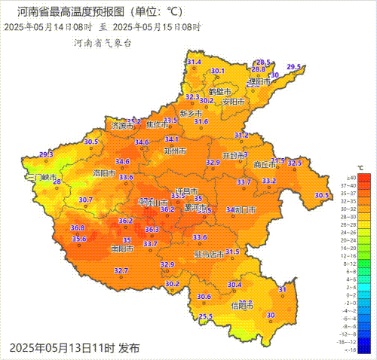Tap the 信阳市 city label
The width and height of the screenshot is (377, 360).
pyautogui.click(x=242, y=305)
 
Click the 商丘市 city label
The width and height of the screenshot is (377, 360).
pyautogui.click(x=265, y=165)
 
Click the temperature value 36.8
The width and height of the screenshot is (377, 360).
pyautogui.click(x=77, y=227)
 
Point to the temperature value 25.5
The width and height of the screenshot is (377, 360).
pyautogui.click(x=206, y=316)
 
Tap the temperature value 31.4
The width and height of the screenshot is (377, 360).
pyautogui.click(x=195, y=62)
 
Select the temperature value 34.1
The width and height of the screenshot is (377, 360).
pyautogui.click(x=172, y=139)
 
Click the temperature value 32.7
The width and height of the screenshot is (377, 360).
pyautogui.click(x=121, y=270)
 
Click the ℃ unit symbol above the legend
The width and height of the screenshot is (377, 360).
pyautogui.click(x=360, y=166)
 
